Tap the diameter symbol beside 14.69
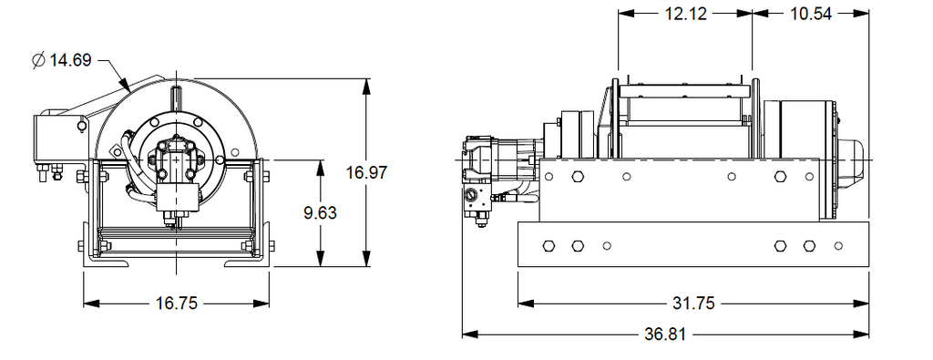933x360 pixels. [x=38, y=60]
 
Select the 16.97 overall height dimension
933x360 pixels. [x=366, y=172]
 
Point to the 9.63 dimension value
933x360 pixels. [x=320, y=212]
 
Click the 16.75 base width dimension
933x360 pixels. [x=176, y=303]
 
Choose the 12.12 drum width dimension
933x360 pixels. [x=685, y=14]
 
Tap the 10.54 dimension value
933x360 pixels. [x=810, y=14]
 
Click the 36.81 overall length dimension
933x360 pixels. [x=665, y=334]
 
